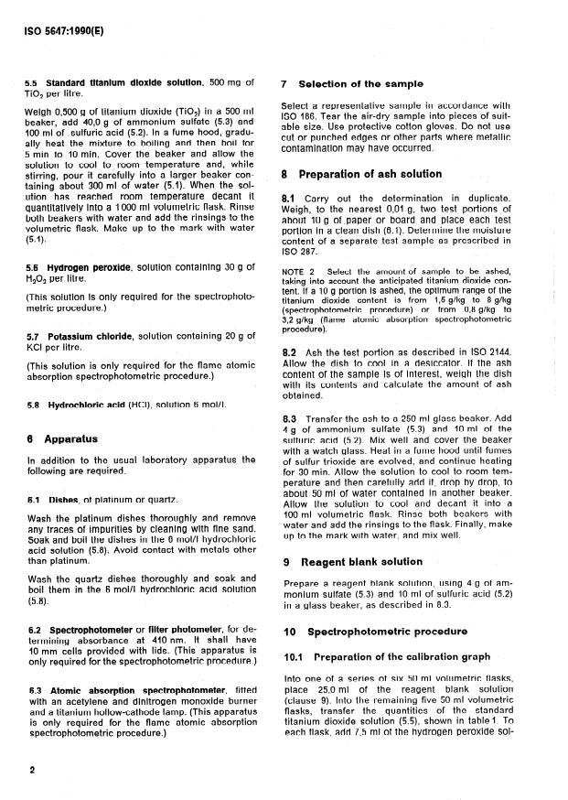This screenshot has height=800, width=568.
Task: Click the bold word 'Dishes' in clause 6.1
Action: [x=62, y=500]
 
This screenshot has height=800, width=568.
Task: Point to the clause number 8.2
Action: [x=289, y=351]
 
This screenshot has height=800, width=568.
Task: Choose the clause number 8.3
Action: [x=289, y=417]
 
